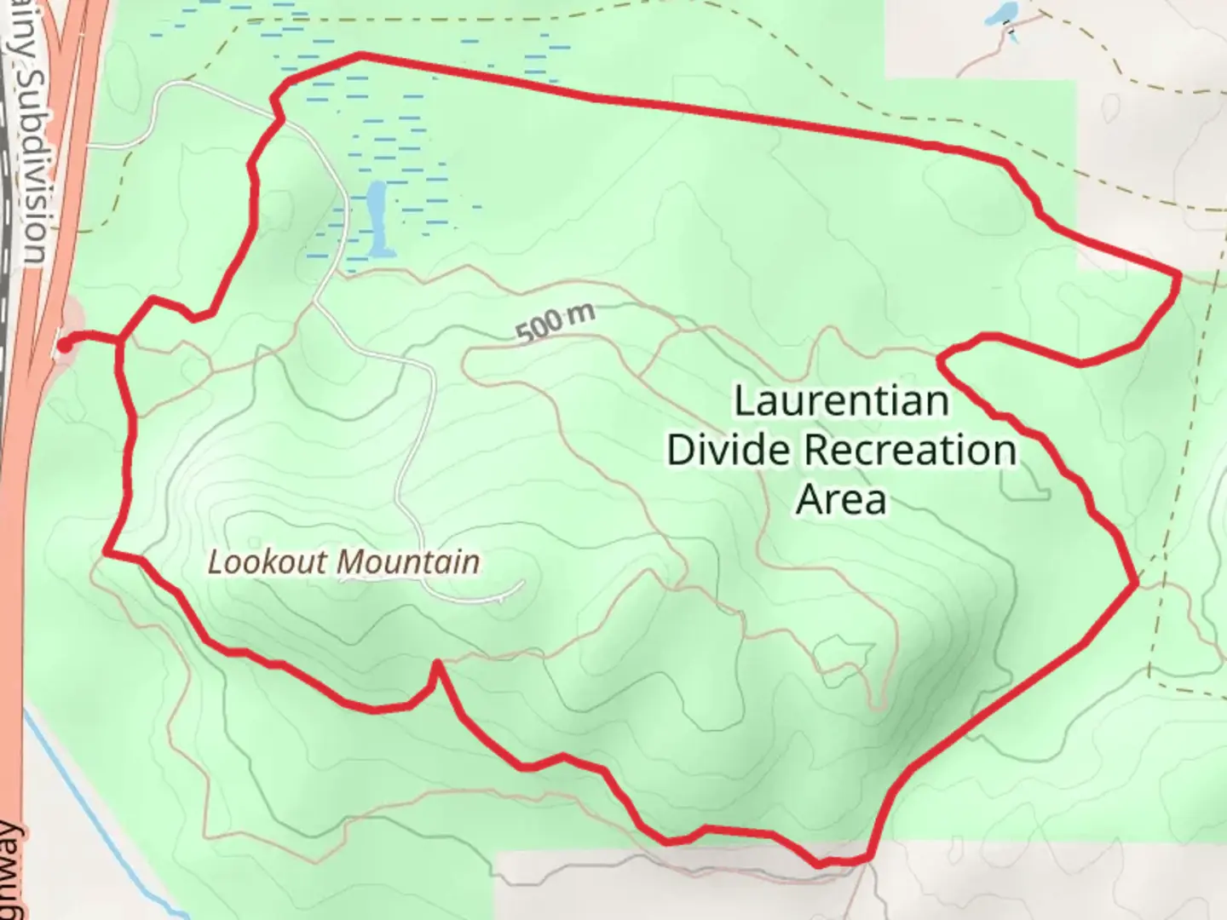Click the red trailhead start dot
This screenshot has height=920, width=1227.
click(x=64, y=345)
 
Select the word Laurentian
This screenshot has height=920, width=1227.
click(x=841, y=400)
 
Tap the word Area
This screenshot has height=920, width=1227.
click(x=841, y=499)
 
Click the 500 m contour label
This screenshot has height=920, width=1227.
click(x=555, y=323)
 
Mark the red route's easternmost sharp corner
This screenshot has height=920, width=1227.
click(x=1179, y=274)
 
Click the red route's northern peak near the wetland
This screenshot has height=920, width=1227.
click(x=361, y=55)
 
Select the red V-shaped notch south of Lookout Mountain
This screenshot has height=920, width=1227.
click(x=436, y=663)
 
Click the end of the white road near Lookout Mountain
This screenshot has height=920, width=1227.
click(x=521, y=584)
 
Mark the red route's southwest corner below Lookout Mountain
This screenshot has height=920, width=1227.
click(x=106, y=554)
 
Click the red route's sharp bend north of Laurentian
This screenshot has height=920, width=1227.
click(x=940, y=358)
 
